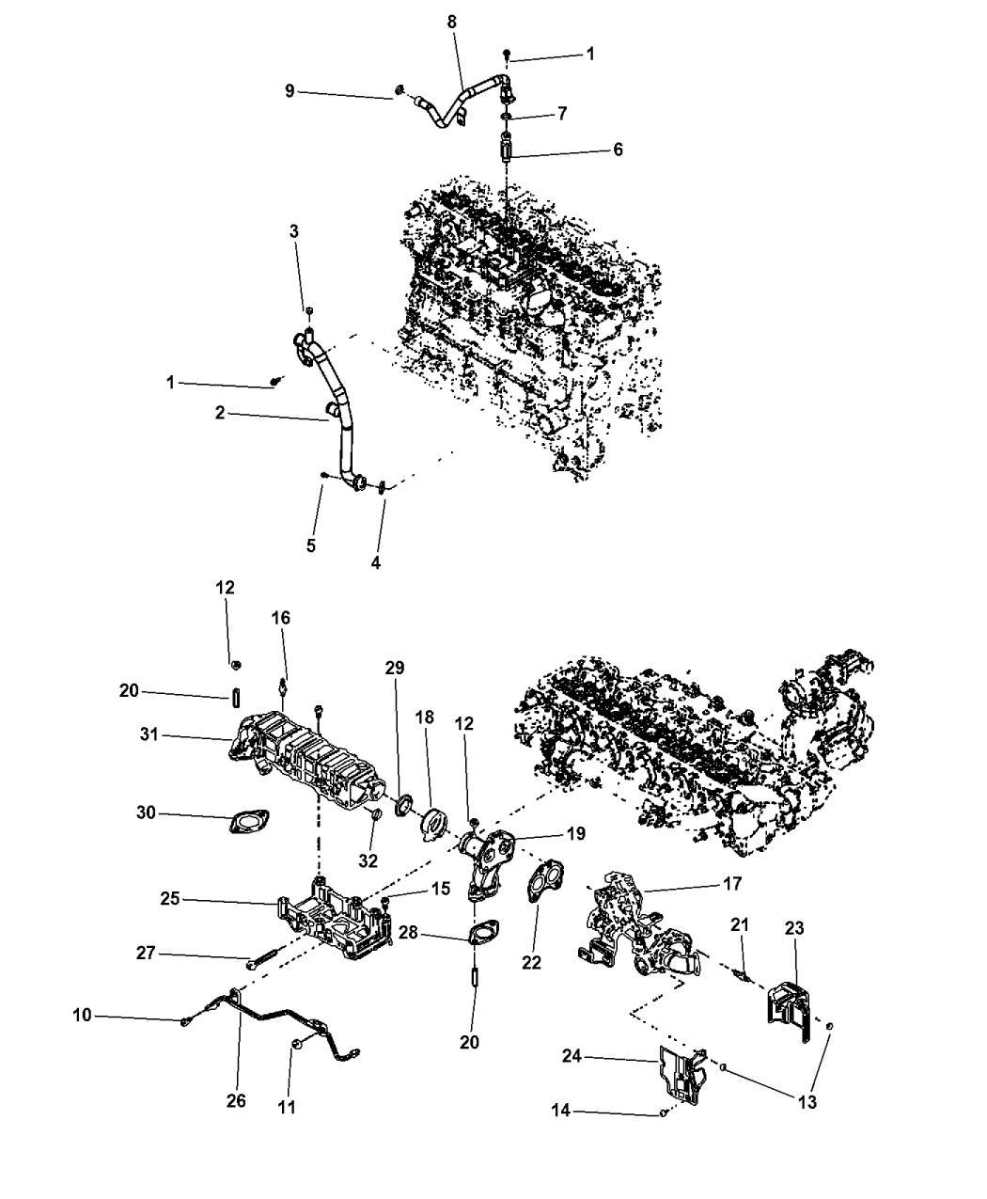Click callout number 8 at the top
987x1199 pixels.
(452, 22)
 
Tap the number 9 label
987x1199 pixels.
(290, 90)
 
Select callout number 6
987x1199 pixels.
(618, 150)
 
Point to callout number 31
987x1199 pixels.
(149, 734)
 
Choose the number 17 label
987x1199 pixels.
(732, 883)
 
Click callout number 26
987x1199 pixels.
(236, 1101)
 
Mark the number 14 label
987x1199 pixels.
(560, 1111)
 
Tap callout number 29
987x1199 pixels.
(395, 668)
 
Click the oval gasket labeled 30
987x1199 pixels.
(249, 821)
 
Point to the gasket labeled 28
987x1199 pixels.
(484, 931)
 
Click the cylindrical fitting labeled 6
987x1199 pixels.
(506, 147)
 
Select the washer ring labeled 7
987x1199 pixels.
(506, 118)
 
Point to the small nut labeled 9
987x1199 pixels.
(399, 89)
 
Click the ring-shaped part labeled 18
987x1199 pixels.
(434, 824)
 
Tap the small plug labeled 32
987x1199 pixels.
(377, 813)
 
